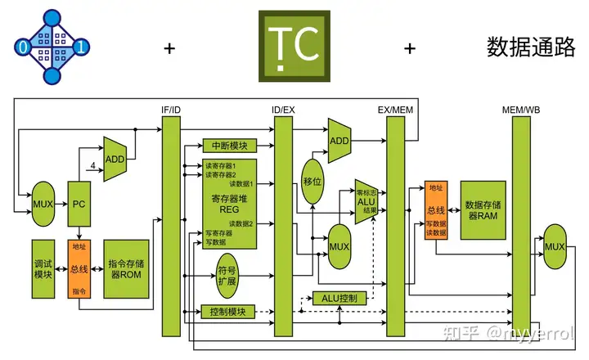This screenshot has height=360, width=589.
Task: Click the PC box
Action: click(x=79, y=203)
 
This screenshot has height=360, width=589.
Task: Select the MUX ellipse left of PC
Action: click(x=43, y=203)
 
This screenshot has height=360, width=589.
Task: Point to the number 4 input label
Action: click(x=94, y=166)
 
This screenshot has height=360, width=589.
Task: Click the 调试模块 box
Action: click(x=43, y=269)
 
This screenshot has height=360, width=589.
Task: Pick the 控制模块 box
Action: click(x=229, y=312)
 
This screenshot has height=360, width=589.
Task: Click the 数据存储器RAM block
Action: click(x=483, y=209)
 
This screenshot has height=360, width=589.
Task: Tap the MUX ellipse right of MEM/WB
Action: click(x=555, y=248)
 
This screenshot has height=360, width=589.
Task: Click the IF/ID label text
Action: click(x=171, y=110)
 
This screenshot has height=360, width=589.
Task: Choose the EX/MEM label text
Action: click(x=395, y=110)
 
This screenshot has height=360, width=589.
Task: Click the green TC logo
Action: click(x=294, y=46)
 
